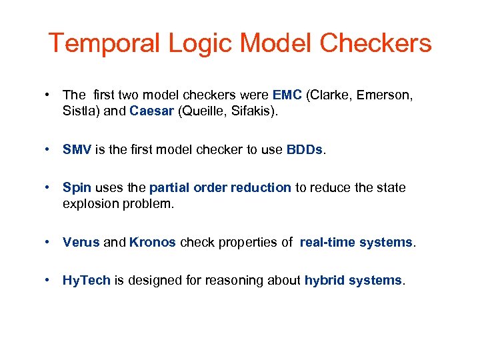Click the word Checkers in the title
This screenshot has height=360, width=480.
[x=375, y=44]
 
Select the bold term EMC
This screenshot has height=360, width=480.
[x=287, y=95]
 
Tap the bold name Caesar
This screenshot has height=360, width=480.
[x=151, y=111]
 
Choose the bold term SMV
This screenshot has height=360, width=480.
[x=77, y=149]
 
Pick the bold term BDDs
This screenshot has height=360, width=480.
[x=304, y=149]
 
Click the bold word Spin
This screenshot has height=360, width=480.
[x=76, y=188]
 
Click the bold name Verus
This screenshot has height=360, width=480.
[x=81, y=242]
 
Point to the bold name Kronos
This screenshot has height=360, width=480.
[x=152, y=242]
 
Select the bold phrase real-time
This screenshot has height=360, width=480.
[x=327, y=242]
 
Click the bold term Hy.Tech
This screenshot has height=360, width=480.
[x=87, y=280]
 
